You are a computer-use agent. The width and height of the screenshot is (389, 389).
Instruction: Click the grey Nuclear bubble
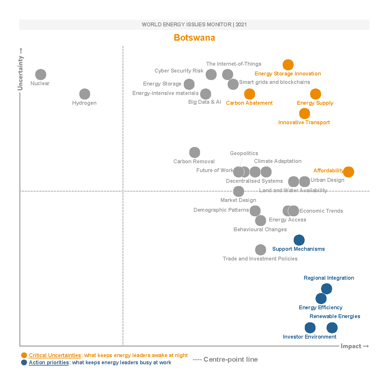pyautogui.click(x=41, y=74)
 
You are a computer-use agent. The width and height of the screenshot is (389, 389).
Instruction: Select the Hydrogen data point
pyautogui.click(x=85, y=94)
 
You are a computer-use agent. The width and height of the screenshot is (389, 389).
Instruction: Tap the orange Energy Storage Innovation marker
pyautogui.click(x=288, y=65)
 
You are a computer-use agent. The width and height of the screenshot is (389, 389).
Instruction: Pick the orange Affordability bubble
pyautogui.click(x=348, y=172)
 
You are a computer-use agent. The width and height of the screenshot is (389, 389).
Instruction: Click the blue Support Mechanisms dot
pyautogui.click(x=299, y=240)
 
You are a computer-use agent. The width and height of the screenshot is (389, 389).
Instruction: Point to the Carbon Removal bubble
pyautogui.click(x=194, y=152)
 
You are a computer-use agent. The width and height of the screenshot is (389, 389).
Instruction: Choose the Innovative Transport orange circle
pyautogui.click(x=304, y=114)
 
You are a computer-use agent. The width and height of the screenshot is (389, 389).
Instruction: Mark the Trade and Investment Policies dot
pyautogui.click(x=261, y=250)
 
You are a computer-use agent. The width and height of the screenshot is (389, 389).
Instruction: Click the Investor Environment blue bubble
pyautogui.click(x=310, y=328)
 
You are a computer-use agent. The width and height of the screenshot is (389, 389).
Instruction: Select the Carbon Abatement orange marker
pyautogui.click(x=249, y=94)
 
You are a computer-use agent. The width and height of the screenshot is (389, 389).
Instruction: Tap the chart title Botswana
pyautogui.click(x=194, y=38)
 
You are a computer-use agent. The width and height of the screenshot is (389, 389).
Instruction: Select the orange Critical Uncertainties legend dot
pyautogui.click(x=24, y=355)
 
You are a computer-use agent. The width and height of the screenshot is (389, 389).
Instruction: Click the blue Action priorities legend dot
pyautogui.click(x=24, y=362)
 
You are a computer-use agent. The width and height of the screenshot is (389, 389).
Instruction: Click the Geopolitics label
pyautogui.click(x=244, y=153)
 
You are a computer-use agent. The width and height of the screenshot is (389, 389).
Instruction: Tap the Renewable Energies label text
pyautogui.click(x=335, y=316)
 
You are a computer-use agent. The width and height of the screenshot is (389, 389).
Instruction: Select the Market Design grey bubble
pyautogui.click(x=238, y=191)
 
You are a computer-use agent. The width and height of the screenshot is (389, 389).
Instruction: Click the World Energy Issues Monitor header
pyautogui.click(x=194, y=24)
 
